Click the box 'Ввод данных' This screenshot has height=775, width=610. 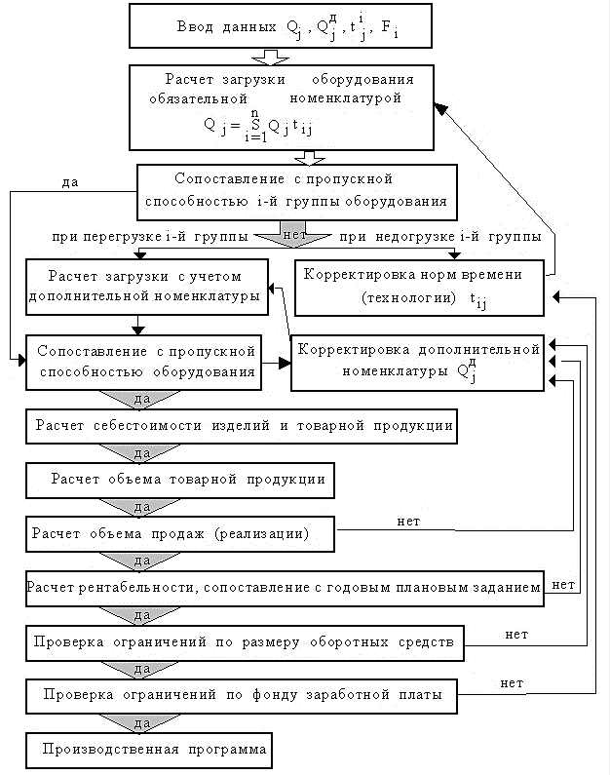click(x=281, y=25)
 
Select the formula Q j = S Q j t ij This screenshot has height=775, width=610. click(x=258, y=126)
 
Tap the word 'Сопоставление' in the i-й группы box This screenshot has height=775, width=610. click(x=229, y=178)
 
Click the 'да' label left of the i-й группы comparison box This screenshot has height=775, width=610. click(x=70, y=182)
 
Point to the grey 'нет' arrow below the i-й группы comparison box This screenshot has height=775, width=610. click(x=293, y=234)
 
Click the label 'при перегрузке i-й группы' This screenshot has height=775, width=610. click(x=150, y=236)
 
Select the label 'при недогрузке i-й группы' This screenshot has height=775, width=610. click(x=440, y=236)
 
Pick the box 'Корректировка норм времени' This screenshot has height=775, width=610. click(x=419, y=288)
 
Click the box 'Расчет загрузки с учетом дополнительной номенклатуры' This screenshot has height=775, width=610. click(x=147, y=287)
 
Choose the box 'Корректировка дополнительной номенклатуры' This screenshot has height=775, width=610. click(x=417, y=363)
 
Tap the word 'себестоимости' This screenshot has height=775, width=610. click(x=147, y=426)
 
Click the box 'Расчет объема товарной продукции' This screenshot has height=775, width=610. click(x=180, y=480)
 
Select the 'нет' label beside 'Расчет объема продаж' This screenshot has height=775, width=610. click(x=408, y=522)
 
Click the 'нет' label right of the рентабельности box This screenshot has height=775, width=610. click(x=563, y=585)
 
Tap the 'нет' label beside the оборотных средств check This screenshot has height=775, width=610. click(x=516, y=635)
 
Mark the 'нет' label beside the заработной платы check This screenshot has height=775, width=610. click(x=512, y=683)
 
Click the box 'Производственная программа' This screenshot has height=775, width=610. click(x=149, y=751)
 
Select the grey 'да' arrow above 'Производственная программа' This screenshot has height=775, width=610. click(x=139, y=723)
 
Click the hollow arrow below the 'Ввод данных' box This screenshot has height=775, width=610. click(x=270, y=57)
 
